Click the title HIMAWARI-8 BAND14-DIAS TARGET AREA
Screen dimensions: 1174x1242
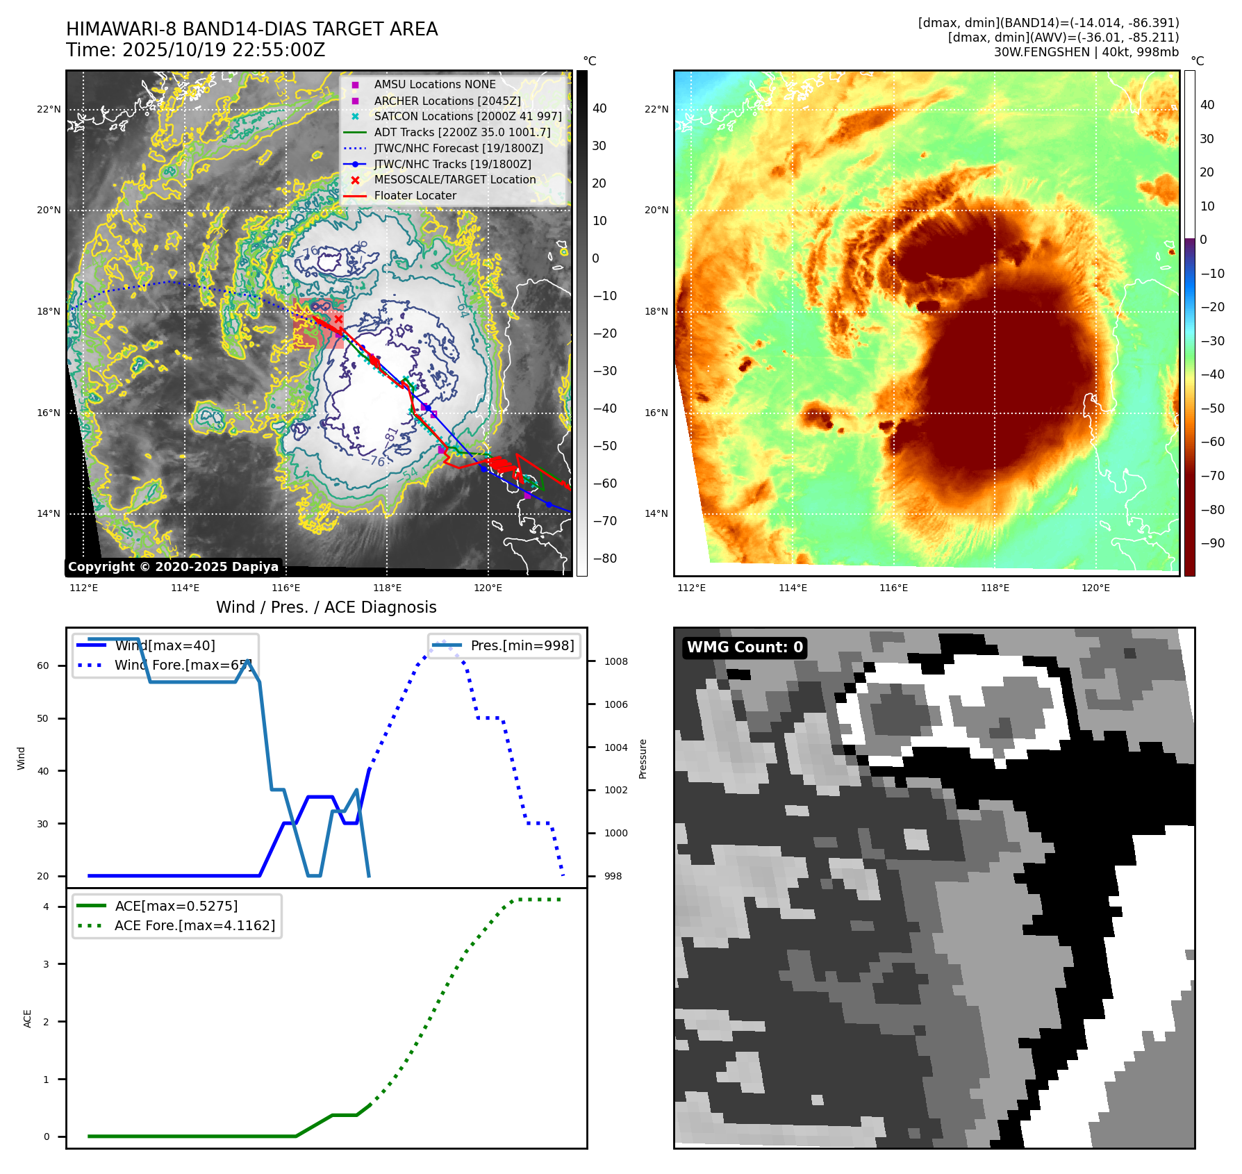pos(251,29)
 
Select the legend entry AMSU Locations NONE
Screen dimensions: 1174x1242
pos(434,85)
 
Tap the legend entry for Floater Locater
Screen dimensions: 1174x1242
pos(415,196)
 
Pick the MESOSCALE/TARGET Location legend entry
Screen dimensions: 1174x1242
pos(454,180)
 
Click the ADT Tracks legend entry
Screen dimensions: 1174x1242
pos(462,132)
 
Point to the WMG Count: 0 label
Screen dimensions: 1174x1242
pos(744,647)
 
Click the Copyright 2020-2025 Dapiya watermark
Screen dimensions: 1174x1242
pos(173,567)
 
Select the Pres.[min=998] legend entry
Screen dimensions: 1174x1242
pos(522,645)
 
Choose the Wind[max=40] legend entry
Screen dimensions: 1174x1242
pos(165,645)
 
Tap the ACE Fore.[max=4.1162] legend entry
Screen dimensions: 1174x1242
pos(194,925)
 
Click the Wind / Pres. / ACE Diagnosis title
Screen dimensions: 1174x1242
pos(326,607)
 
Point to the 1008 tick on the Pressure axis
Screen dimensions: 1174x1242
pos(615,661)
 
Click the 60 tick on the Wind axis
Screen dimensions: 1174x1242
pos(43,665)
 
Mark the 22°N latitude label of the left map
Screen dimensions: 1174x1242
pos(49,110)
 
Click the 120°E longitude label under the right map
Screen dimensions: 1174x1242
pos(1095,588)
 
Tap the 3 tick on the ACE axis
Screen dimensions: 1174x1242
pos(46,964)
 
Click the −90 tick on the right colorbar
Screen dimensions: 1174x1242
pos(1212,543)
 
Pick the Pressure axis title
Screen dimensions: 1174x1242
pos(643,759)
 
